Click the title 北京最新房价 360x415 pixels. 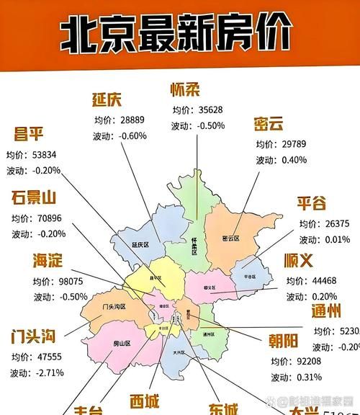click(x=176, y=34)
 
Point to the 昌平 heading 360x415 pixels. click(x=30, y=135)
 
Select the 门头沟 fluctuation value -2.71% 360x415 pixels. click(x=47, y=372)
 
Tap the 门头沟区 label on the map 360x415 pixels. click(x=114, y=307)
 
